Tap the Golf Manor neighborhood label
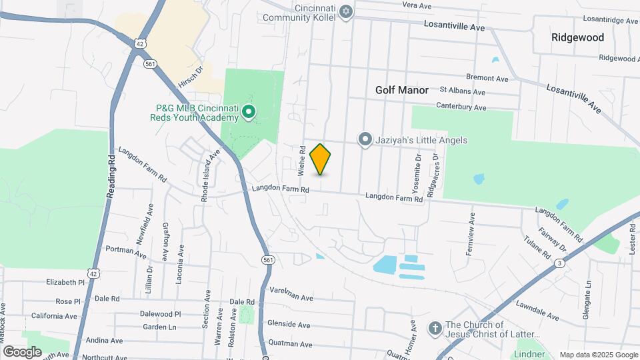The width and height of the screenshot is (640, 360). pyautogui.click(x=401, y=89)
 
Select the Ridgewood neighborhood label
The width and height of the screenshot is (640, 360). pyautogui.click(x=577, y=37)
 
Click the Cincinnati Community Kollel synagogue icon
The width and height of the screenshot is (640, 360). pyautogui.click(x=345, y=11)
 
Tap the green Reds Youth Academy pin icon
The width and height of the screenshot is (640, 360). pyautogui.click(x=249, y=112)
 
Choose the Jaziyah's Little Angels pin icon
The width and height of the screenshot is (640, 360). pyautogui.click(x=365, y=139)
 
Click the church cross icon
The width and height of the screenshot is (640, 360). pyautogui.click(x=435, y=328)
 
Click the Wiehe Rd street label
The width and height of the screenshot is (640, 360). pyautogui.click(x=302, y=161)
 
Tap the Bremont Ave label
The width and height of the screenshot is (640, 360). pyautogui.click(x=487, y=79)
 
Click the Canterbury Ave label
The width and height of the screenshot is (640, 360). pyautogui.click(x=461, y=106)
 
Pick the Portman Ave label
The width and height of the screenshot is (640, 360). pyautogui.click(x=126, y=252)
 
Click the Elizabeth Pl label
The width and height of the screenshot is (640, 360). pyautogui.click(x=65, y=282)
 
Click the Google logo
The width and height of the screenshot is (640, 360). pyautogui.click(x=23, y=351)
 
